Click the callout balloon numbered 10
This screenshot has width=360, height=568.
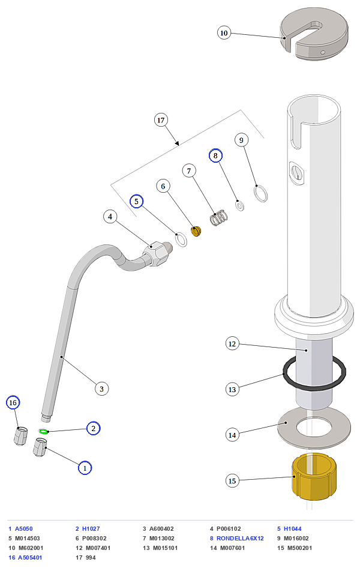coord(224,33)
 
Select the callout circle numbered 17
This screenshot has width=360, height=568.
coord(161,120)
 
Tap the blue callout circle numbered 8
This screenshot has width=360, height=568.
coord(215,156)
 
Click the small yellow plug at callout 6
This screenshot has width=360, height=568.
coord(196,231)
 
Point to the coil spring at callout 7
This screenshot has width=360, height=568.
coord(219,218)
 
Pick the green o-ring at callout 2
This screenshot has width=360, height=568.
coord(43,431)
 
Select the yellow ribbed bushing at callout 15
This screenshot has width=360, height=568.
coord(314,476)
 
